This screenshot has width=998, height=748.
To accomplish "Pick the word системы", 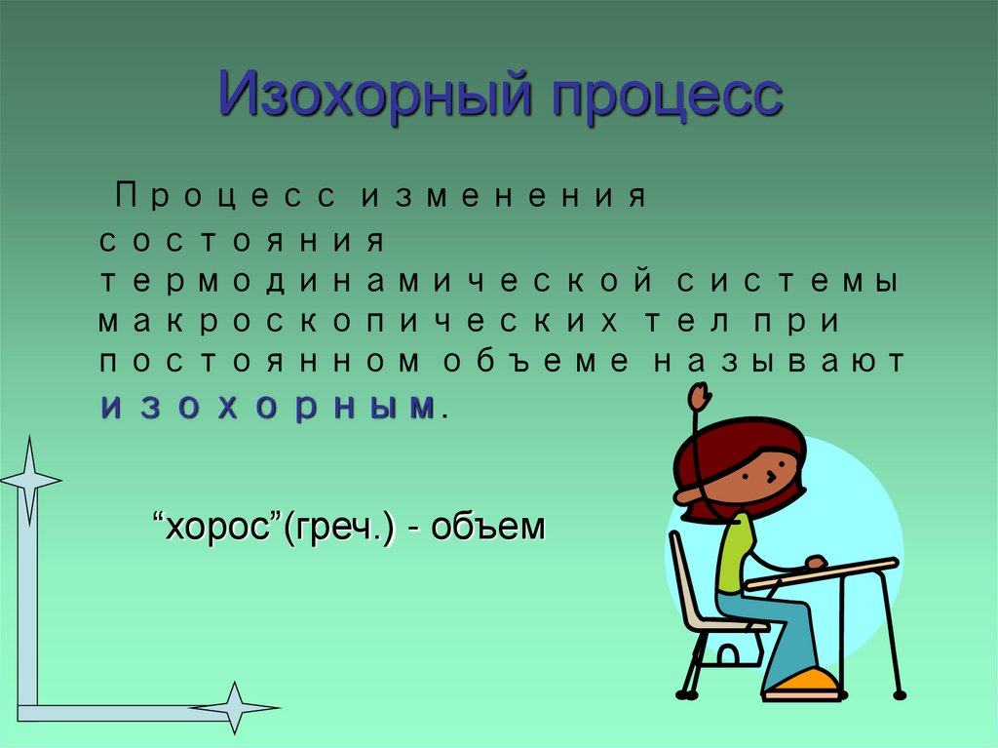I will coord(785,281).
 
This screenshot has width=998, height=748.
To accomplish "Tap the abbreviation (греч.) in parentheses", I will coord(336,529).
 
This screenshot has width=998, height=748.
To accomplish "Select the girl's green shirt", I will coord(734,551).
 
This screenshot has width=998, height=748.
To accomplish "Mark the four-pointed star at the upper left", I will coord(28,478).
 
